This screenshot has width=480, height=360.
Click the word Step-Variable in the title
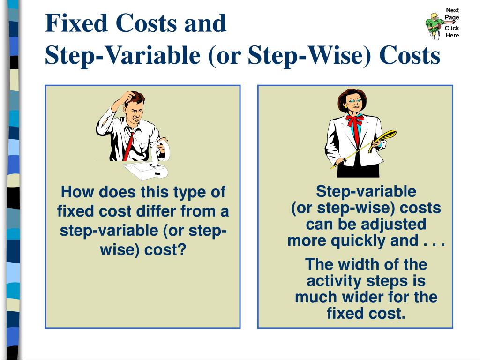click(x=122, y=56)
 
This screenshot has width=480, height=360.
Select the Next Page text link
click(x=452, y=14)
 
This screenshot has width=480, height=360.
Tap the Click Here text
click(x=452, y=32)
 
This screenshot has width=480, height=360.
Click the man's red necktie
click(x=128, y=145)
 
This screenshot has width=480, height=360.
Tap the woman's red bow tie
click(x=355, y=121)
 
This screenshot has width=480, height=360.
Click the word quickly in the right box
click(x=359, y=240)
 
